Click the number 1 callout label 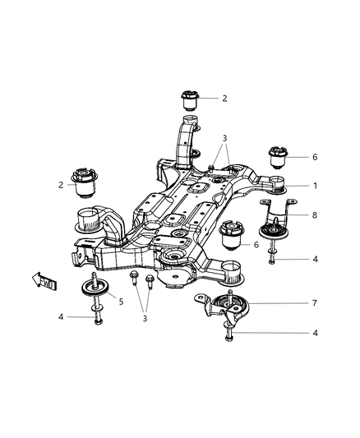click(314, 186)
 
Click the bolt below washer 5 click(97, 315)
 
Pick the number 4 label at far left click(59, 317)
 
